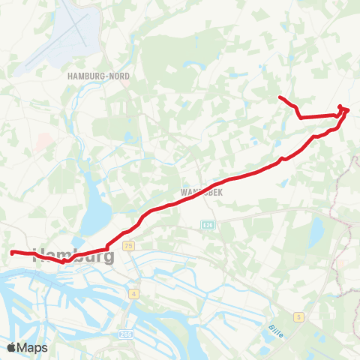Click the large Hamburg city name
click(75, 256)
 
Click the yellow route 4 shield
click(134, 293)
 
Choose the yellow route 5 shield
click(298, 317)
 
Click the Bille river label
click(275, 328)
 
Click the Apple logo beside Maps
click(12, 347)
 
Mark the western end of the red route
click(12, 252)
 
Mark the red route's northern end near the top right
click(280, 97)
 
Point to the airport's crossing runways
click(78, 30)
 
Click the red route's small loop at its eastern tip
click(344, 109)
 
